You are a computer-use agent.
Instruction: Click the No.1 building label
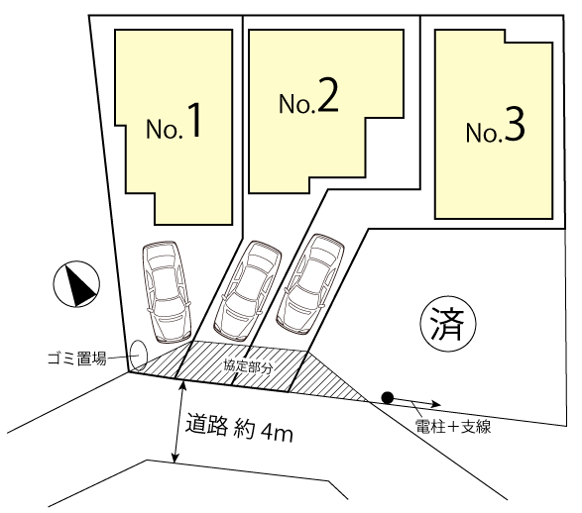click(175, 122)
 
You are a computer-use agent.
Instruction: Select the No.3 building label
click(496, 126)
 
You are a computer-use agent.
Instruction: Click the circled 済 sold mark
click(448, 324)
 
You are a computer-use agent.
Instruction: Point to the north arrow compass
click(76, 284)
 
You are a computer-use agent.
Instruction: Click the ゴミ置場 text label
click(77, 359)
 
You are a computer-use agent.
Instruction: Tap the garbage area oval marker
click(139, 356)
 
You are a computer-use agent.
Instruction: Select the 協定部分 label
click(248, 366)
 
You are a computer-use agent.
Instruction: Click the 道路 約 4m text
click(239, 428)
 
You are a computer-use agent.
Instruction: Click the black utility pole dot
click(388, 398)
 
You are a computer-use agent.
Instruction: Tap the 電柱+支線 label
click(453, 427)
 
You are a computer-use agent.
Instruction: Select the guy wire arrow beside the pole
click(416, 402)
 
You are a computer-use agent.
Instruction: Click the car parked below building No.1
click(167, 291)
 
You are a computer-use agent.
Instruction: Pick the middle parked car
click(247, 291)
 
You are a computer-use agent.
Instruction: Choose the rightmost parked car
click(310, 283)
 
